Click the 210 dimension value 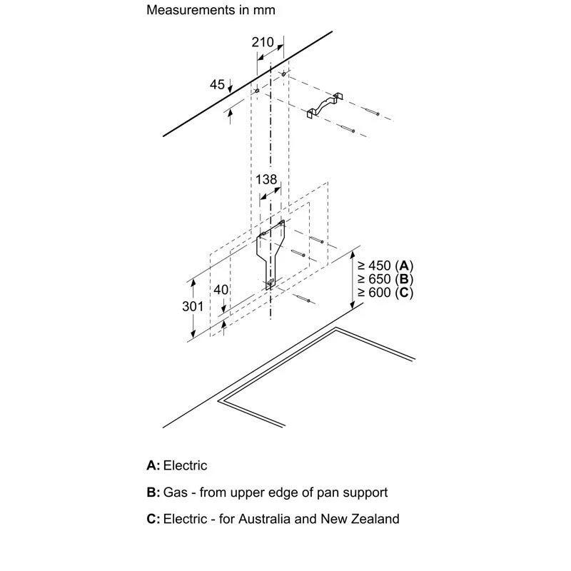263,42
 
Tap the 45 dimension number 217,85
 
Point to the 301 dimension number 193,306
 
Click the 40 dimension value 221,290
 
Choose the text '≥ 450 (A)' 385,265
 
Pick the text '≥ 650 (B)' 385,278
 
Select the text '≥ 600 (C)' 385,293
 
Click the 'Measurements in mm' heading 211,11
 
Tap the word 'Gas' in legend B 175,492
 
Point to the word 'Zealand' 376,519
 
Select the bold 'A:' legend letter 153,466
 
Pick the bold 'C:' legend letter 153,519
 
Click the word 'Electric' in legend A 186,466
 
